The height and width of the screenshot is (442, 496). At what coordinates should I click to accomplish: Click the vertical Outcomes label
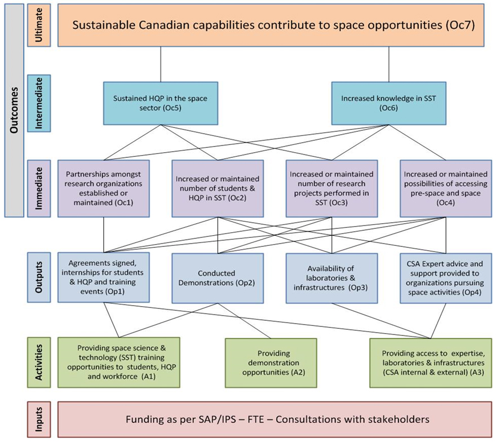click(x=15, y=110)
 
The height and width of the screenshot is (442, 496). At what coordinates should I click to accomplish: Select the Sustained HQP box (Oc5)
click(x=161, y=103)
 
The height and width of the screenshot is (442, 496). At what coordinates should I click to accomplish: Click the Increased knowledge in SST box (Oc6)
click(x=389, y=103)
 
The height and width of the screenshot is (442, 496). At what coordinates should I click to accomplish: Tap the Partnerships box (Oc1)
click(x=104, y=188)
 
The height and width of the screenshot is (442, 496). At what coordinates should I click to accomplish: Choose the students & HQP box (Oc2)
click(x=218, y=188)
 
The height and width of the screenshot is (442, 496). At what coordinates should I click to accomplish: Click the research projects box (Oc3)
click(x=331, y=188)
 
